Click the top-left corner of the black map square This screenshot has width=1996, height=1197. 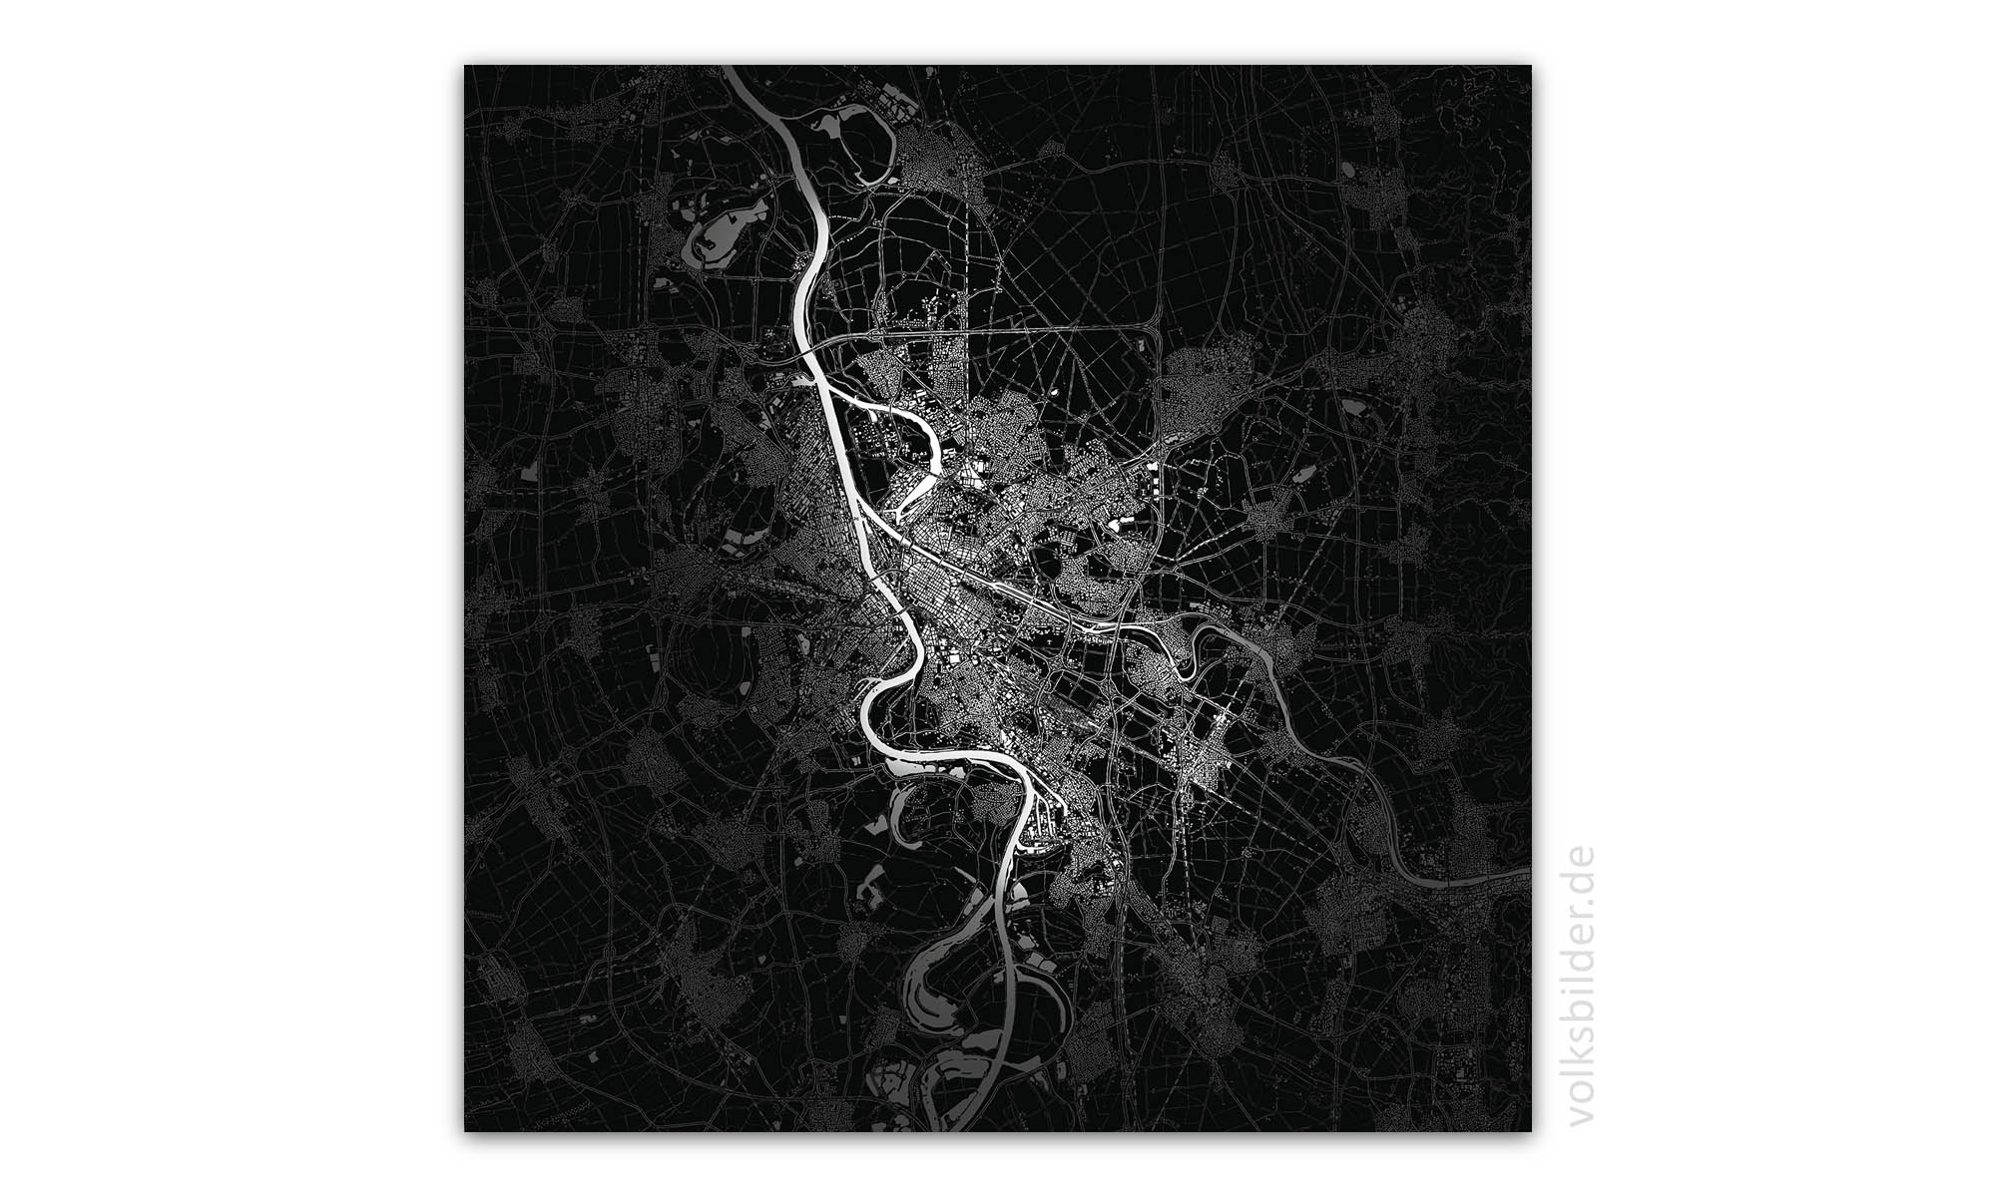tap(465, 67)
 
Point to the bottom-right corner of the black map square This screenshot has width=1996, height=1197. tap(1530, 1130)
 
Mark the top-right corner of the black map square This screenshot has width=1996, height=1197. tap(1530, 67)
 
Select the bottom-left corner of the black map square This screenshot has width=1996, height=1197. tap(465, 1130)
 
